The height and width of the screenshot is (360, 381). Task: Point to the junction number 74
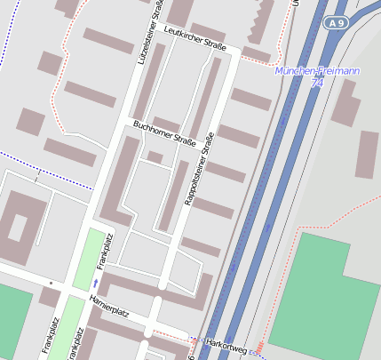[318, 82]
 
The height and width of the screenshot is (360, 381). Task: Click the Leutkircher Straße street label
[195, 38]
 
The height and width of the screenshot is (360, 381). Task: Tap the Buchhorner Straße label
[163, 137]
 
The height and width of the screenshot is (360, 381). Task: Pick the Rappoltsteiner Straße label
[199, 169]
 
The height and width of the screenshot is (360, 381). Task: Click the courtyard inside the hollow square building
[18, 228]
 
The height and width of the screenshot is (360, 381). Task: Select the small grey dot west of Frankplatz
[52, 283]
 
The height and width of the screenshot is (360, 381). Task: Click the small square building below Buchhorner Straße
[155, 157]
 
